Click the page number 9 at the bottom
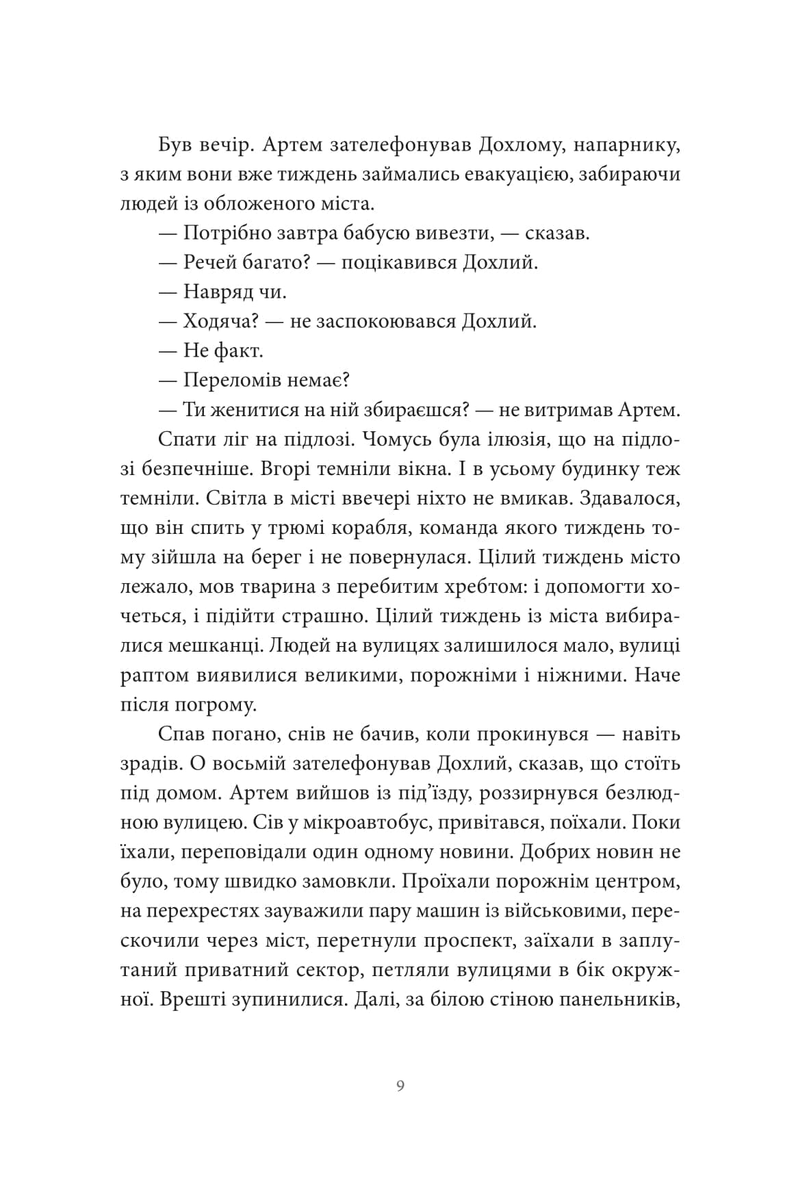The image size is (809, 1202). click(x=400, y=1086)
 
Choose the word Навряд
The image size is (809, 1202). click(x=218, y=292)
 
